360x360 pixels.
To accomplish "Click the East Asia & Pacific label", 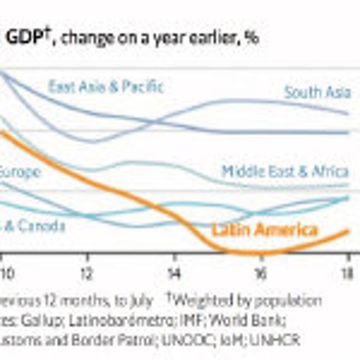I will [106, 87].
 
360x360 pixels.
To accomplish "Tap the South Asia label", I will [317, 92].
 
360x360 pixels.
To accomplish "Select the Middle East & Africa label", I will [284, 171].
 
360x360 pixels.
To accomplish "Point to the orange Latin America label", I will [265, 230].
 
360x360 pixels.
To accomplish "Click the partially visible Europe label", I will [19, 172].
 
